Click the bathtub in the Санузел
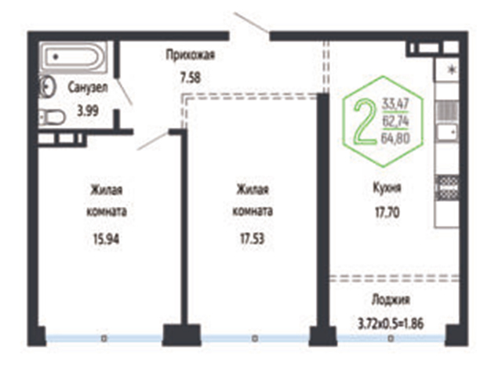[73, 57]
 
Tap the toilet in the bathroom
[53, 118]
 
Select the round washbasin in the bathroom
[47, 86]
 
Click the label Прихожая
[190, 56]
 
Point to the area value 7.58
[191, 78]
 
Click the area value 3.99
[87, 111]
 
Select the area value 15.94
[106, 239]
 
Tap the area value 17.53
[253, 239]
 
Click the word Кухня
[387, 188]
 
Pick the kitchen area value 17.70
[387, 212]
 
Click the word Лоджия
[391, 300]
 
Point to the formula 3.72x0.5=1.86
[391, 324]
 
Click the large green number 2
[366, 121]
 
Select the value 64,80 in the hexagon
[395, 139]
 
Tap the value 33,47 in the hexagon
[395, 104]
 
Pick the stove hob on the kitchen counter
[447, 188]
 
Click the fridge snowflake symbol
[452, 70]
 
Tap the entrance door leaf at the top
[252, 23]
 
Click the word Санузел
[87, 88]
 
